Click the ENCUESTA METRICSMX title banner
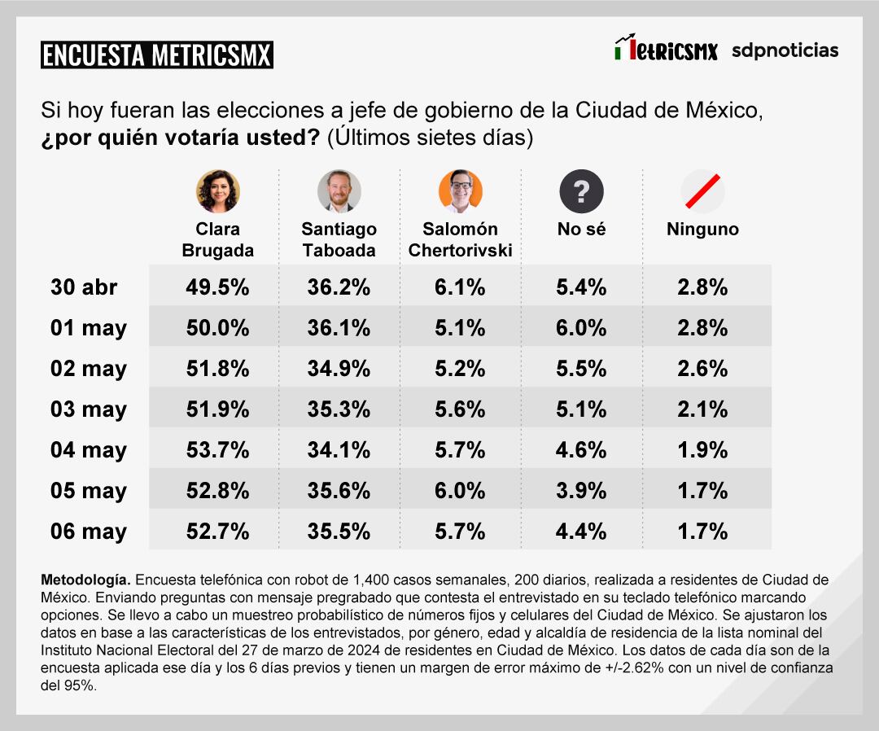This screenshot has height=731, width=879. (156, 55)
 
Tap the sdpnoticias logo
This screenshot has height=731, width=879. (785, 50)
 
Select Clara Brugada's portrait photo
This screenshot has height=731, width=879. (217, 191)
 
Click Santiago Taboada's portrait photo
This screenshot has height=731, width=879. (339, 191)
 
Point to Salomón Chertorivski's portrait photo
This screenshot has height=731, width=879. (460, 191)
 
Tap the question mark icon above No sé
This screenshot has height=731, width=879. (581, 191)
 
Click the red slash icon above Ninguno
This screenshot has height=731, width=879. (702, 191)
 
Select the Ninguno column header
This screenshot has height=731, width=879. (702, 230)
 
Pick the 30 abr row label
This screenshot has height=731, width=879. (84, 287)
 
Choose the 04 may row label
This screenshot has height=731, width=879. (88, 450)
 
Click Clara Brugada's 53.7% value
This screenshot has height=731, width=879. (217, 450)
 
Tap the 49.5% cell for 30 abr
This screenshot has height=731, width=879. (217, 287)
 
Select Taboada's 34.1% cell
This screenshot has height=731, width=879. (339, 450)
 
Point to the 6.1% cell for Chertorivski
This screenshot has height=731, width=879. (460, 287)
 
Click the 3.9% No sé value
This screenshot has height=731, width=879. (581, 491)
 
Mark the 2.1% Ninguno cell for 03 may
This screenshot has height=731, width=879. (702, 409)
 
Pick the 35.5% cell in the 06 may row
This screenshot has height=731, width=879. (339, 532)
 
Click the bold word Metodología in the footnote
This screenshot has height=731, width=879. (85, 580)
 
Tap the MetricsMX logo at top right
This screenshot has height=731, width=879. (666, 50)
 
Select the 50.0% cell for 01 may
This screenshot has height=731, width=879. (217, 328)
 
